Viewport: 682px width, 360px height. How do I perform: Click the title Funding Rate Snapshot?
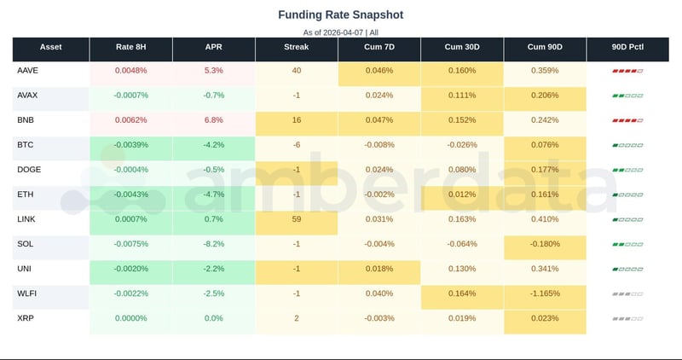(x=341, y=15)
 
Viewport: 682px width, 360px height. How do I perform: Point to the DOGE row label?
(x=28, y=170)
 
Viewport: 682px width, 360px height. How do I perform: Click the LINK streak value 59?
(x=296, y=220)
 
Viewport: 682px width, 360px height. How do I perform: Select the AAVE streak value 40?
(x=296, y=71)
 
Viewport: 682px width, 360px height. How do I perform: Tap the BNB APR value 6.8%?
(x=213, y=120)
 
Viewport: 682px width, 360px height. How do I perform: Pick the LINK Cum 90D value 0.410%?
(x=545, y=220)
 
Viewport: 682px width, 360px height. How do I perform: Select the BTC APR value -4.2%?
(x=213, y=145)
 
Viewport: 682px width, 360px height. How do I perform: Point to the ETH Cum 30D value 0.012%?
(x=462, y=195)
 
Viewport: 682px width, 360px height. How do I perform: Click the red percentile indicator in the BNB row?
(x=627, y=120)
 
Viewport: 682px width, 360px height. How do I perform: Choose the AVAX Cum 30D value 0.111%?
(x=462, y=96)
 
